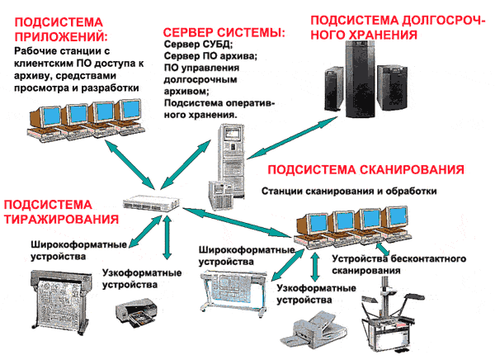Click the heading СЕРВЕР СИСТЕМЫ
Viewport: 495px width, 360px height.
(x=224, y=31)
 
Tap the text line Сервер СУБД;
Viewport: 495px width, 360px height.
(x=198, y=45)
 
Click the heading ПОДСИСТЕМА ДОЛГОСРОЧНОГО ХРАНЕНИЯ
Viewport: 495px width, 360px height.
(x=396, y=25)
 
